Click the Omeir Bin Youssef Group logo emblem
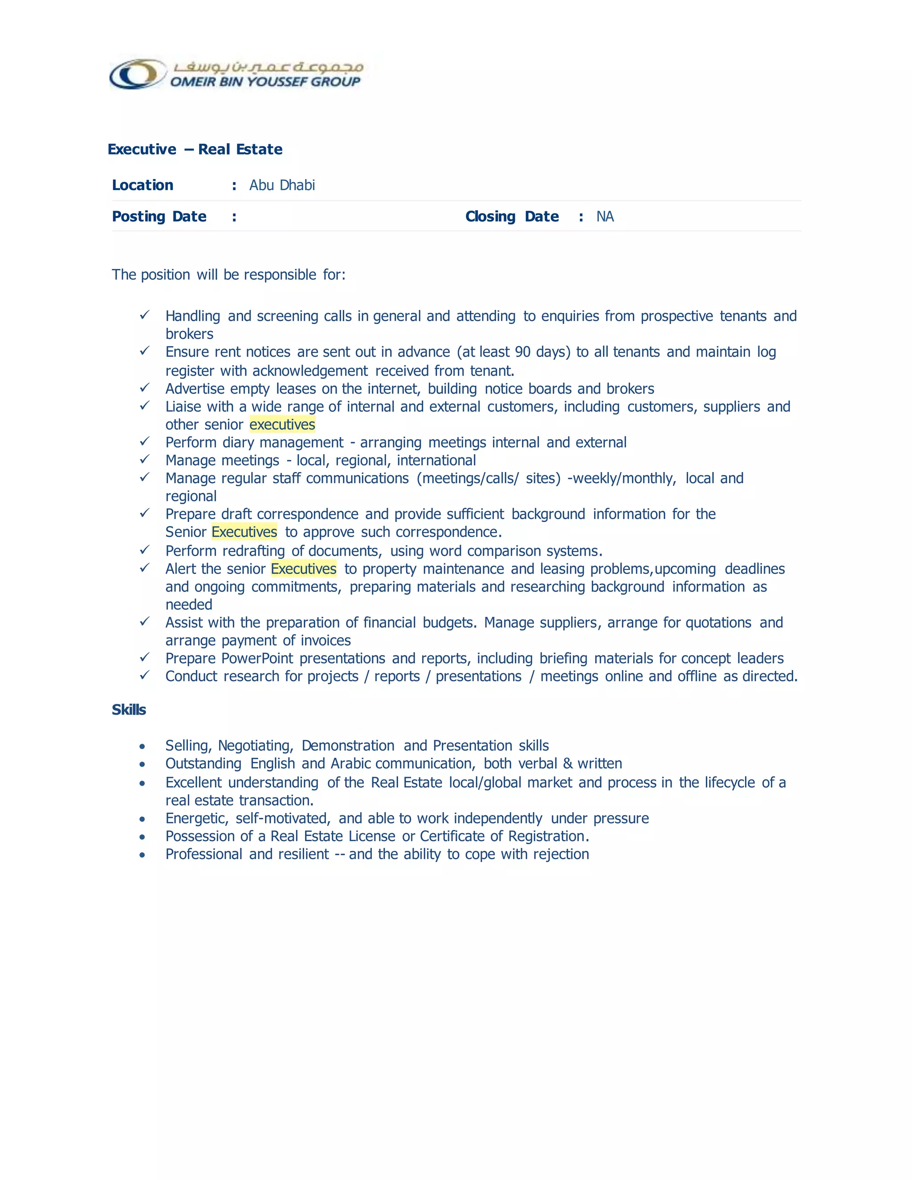pos(137,74)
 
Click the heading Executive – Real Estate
pos(195,149)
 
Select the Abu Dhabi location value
pos(282,185)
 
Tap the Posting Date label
pos(159,217)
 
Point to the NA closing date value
pos(605,217)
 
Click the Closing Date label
pos(512,217)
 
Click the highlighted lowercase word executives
pos(282,425)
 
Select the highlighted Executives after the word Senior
pos(244,532)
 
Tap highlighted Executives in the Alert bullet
pos(304,569)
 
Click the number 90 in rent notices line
pos(522,352)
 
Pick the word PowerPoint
pos(257,659)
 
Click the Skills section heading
pos(129,710)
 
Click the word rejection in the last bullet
pos(561,854)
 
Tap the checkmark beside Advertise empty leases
pos(144,388)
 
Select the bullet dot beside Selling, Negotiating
pos(142,747)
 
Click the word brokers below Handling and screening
pos(189,334)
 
